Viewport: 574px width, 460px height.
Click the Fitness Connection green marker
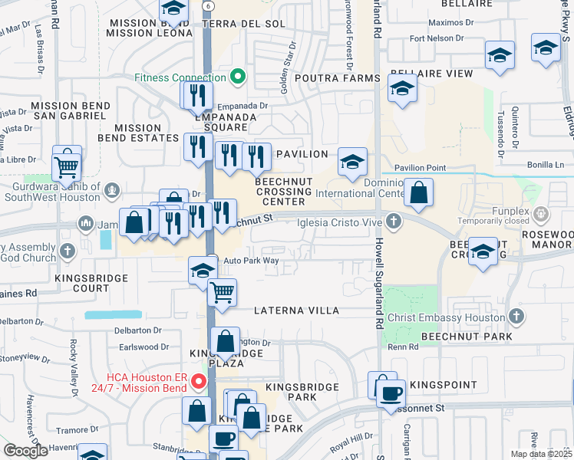coord(238,77)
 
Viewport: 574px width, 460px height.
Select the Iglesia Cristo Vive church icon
coord(394,222)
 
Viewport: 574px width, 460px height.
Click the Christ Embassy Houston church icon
coord(516,316)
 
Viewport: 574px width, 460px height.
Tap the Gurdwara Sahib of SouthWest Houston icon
coord(113,189)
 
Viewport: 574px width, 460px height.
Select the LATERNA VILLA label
coord(296,311)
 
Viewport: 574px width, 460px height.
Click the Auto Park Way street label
coord(251,261)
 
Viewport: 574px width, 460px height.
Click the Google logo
coord(25,451)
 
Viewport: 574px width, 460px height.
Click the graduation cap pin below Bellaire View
coord(402,90)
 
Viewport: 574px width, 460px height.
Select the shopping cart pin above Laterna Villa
coord(222,292)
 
